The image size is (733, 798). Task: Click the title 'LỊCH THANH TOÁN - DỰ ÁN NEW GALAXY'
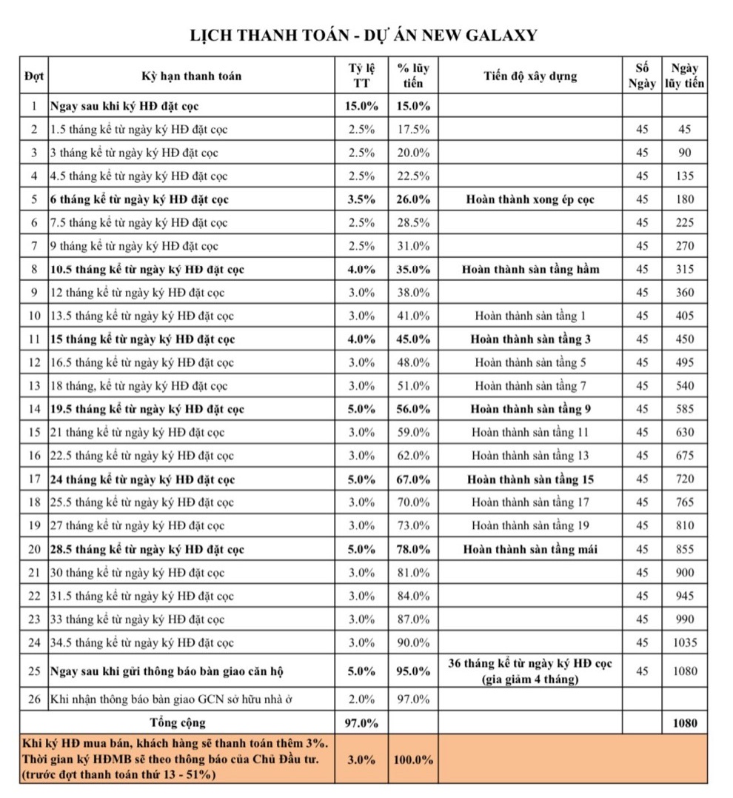364,35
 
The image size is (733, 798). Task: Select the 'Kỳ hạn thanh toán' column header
192,76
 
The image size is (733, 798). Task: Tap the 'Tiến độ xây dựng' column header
530,76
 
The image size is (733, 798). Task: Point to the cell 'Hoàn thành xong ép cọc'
530,199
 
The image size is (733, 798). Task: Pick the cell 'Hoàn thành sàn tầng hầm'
530,269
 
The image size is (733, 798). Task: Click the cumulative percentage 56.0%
412,409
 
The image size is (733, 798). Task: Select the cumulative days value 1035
685,642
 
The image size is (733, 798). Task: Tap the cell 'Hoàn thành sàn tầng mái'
530,549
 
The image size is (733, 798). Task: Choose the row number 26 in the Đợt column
34,699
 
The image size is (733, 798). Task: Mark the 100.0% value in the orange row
413,759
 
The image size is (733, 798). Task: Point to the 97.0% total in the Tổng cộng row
362,722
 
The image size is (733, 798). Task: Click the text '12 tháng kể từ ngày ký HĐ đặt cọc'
138,293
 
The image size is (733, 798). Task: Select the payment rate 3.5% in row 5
362,199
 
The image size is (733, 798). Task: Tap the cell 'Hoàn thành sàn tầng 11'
530,432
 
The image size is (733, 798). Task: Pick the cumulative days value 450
685,339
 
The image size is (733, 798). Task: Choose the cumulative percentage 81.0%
412,573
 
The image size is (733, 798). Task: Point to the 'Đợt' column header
34,76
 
